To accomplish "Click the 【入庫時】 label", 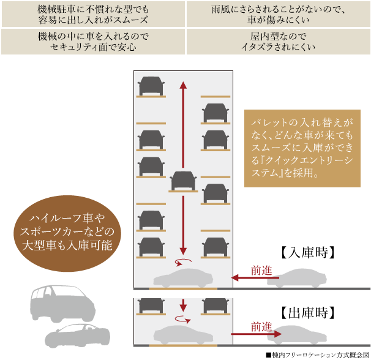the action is point(308,252).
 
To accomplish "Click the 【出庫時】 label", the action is point(308,313).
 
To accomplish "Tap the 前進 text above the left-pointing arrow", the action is point(261,271).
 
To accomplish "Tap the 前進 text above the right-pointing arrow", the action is point(261,327).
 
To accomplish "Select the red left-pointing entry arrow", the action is point(255,277).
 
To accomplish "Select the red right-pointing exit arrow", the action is point(257,334).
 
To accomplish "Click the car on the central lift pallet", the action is point(183,181).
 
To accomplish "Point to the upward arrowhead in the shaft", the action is point(183,85).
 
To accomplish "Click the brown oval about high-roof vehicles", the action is point(67,233).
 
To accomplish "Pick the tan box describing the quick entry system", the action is point(302,148).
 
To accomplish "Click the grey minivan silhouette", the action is point(62,304).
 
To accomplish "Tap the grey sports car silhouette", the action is point(77,336).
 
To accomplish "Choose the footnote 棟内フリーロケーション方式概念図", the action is point(318,355).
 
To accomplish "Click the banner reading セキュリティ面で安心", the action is point(93,42).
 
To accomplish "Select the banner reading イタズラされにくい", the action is point(279,42).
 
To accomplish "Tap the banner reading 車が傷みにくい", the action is point(279,14).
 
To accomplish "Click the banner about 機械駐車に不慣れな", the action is point(93,14).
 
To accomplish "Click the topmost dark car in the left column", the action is point(151,86).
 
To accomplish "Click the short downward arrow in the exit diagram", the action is point(183,305).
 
